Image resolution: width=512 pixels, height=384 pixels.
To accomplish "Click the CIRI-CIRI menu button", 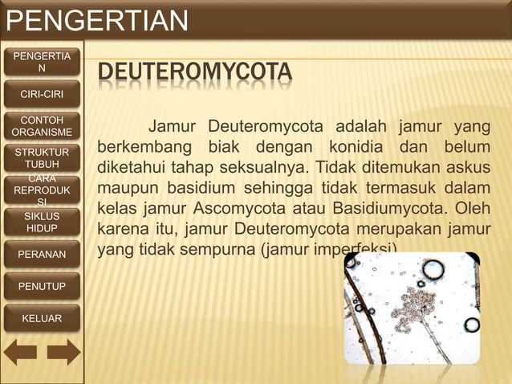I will tap(41, 95).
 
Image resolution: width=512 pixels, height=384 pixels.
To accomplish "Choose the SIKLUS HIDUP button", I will tap(41, 223).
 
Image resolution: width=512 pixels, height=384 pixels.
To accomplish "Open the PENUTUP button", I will tap(41, 286).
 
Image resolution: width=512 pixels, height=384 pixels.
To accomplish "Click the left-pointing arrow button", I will tap(21, 351).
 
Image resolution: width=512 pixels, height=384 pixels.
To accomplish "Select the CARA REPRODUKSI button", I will tap(41, 190).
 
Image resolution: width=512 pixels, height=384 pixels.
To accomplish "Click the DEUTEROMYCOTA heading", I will tap(194, 76).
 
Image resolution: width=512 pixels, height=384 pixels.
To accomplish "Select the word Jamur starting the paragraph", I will tap(174, 129).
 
